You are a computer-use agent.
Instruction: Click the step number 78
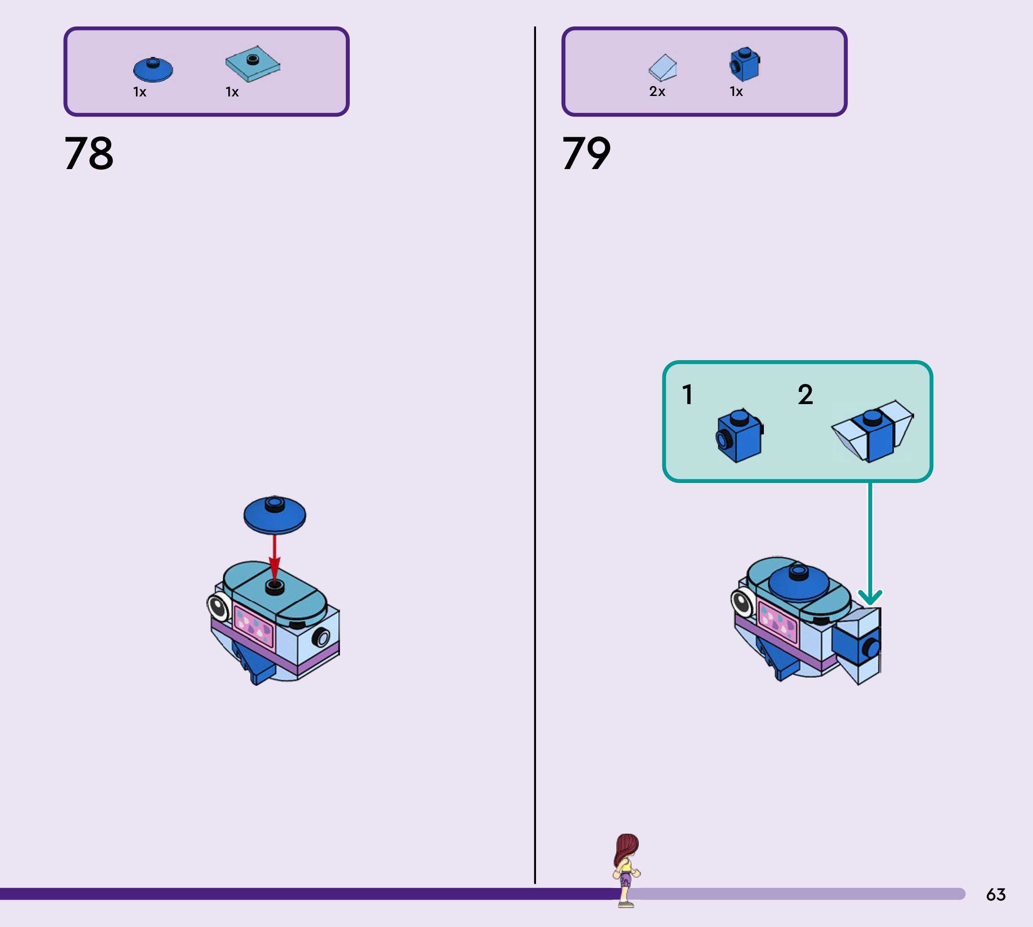tap(89, 153)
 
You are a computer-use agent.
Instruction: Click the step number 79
tap(586, 153)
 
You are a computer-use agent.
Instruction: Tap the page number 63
tap(995, 894)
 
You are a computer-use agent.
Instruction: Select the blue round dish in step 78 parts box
tap(153, 69)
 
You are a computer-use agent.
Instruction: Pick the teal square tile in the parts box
tap(253, 64)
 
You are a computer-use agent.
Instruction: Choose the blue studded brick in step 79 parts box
tap(744, 65)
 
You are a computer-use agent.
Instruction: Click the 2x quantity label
tap(657, 91)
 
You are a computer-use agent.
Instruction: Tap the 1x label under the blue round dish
tap(139, 92)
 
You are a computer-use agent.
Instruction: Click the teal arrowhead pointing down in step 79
tap(870, 596)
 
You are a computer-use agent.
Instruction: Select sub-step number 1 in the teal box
tap(688, 394)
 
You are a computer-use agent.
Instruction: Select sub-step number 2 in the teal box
tap(805, 394)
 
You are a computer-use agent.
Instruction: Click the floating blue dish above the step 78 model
tap(275, 514)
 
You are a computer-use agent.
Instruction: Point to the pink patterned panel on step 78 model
tap(253, 626)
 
